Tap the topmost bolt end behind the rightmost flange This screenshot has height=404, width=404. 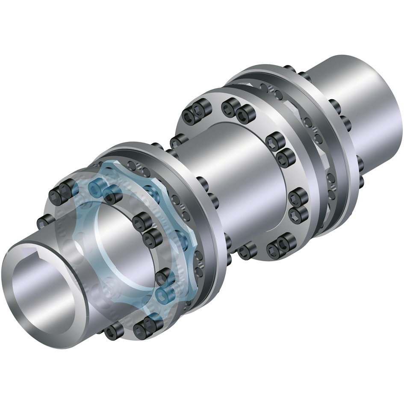coord(291,69)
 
